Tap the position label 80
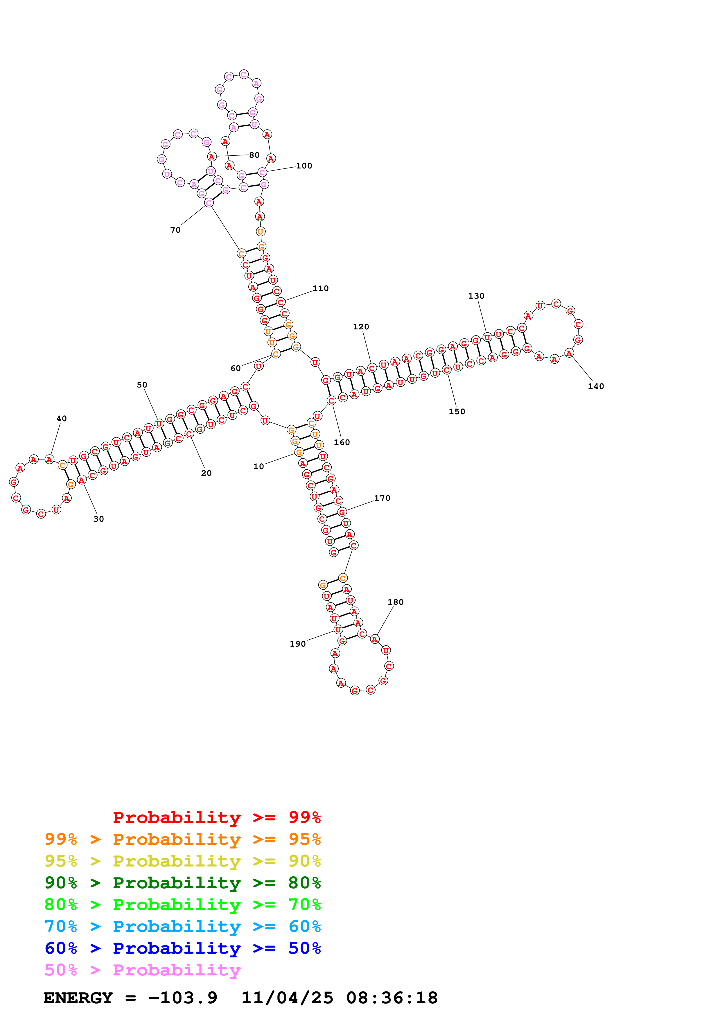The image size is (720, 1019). point(254,155)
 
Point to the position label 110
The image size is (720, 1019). point(320,288)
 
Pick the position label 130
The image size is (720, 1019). point(476,296)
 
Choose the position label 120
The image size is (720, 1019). point(361,327)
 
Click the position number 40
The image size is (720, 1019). point(62,419)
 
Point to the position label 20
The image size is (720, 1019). point(206,473)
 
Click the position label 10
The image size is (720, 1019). point(258,467)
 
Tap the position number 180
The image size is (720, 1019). point(395,602)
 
